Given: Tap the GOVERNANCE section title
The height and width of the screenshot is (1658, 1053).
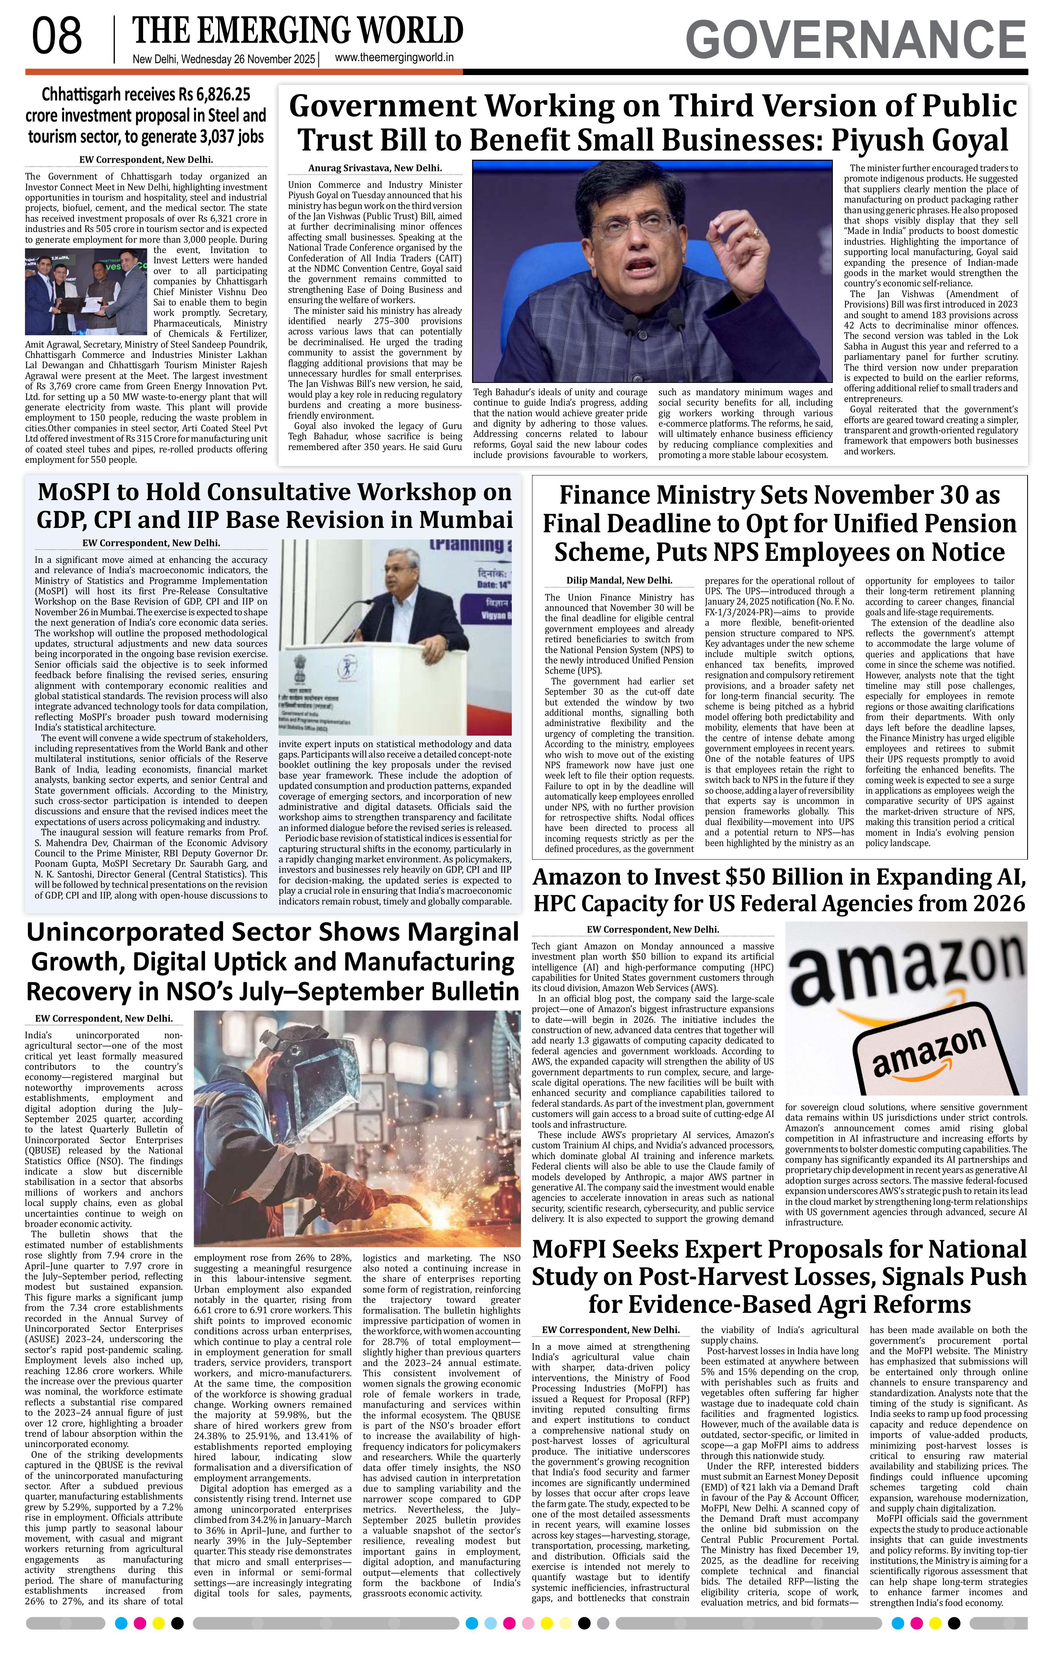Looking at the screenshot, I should tap(856, 40).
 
